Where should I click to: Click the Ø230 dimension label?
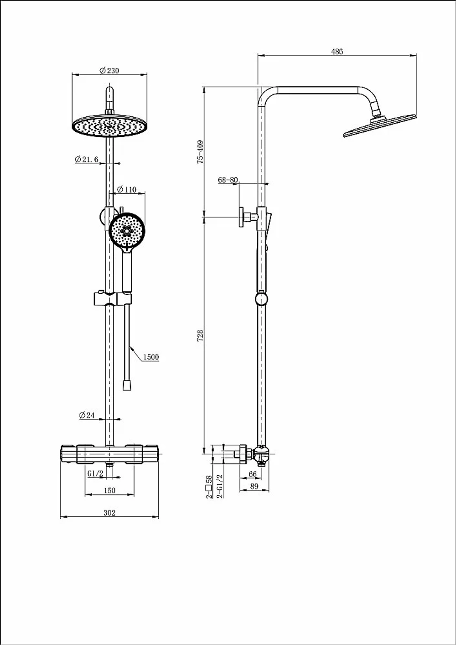(x=109, y=71)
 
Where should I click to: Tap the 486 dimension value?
(x=337, y=52)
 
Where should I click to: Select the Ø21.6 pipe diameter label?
(x=86, y=159)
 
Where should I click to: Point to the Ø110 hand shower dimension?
(x=127, y=189)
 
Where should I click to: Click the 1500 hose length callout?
(x=151, y=357)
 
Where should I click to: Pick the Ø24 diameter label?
(x=87, y=415)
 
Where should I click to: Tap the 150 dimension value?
(x=109, y=490)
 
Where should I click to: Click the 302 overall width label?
(x=109, y=513)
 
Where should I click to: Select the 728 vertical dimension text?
(x=200, y=336)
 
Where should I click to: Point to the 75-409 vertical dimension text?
(x=200, y=152)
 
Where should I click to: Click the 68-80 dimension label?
(x=228, y=180)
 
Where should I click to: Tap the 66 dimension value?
(x=253, y=474)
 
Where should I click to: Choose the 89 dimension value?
(x=254, y=486)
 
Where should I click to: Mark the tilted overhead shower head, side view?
(x=380, y=125)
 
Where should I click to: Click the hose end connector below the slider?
(x=127, y=385)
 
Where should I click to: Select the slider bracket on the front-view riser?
(x=112, y=299)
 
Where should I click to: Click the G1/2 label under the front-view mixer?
(x=95, y=473)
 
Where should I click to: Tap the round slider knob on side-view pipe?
(x=261, y=299)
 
